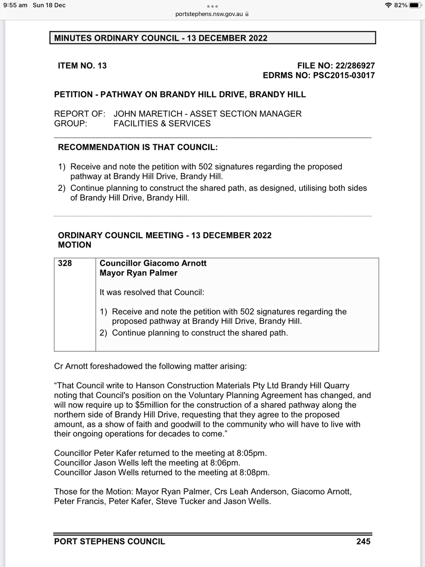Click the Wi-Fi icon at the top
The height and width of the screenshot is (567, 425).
coord(389,5)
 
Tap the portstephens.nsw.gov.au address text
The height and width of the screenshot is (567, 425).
coord(209,14)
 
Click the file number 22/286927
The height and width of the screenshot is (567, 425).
coord(355,66)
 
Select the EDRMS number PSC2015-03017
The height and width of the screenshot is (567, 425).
coord(344,75)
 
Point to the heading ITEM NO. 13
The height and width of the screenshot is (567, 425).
coord(82,66)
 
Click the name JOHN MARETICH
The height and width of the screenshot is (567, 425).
coord(149,114)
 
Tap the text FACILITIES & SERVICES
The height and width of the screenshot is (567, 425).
coord(162,124)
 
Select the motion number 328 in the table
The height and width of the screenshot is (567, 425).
coord(65,263)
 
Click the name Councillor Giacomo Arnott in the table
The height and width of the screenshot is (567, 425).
coord(153,263)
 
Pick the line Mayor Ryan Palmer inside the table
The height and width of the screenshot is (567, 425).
coord(139,273)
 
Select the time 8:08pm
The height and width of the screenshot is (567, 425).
coord(254,473)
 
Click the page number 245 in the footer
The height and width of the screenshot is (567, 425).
coord(363,541)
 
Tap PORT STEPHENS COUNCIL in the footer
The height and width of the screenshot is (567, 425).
coord(109,541)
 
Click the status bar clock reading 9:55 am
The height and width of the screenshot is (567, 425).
coord(15,5)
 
